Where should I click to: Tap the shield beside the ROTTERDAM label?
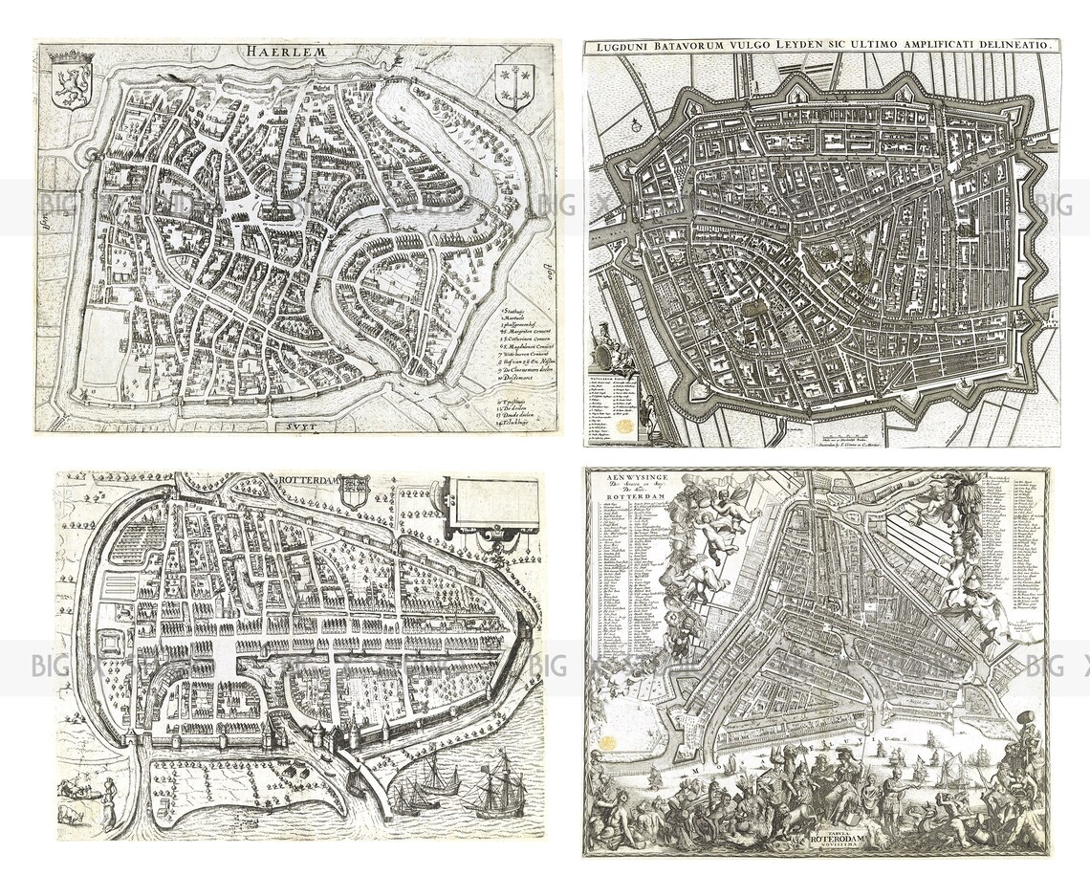[355, 491]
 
